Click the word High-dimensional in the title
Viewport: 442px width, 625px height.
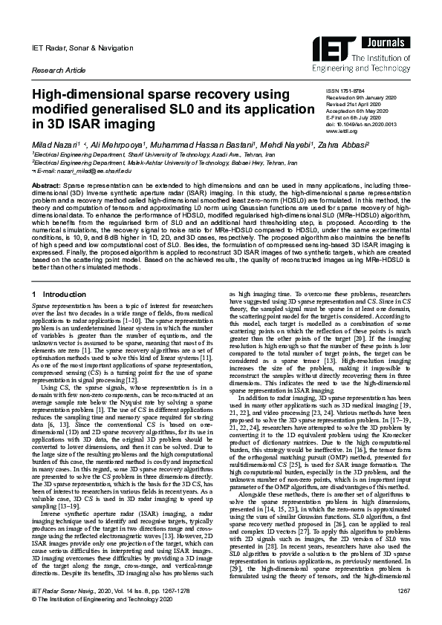88,96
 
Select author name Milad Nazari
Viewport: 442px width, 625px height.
56,142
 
